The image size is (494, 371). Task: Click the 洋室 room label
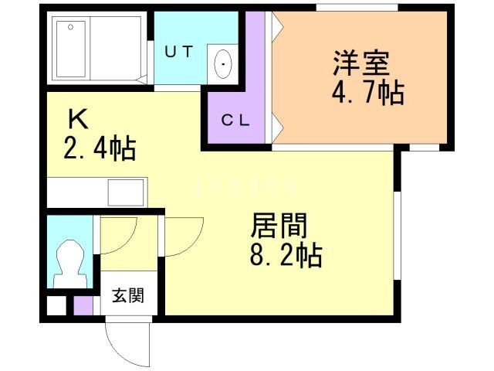tap(360, 60)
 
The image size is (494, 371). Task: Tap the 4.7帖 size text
tap(367, 93)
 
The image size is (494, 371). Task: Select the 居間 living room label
tap(278, 226)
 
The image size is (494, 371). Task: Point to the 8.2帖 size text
tap(286, 254)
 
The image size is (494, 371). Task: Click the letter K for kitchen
tap(77, 119)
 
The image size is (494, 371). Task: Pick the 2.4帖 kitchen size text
tap(100, 147)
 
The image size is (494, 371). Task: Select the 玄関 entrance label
tap(126, 295)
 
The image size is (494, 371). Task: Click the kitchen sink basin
tap(125, 191)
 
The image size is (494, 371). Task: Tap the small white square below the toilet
tap(56, 305)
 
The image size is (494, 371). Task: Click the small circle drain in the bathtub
tap(70, 28)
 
